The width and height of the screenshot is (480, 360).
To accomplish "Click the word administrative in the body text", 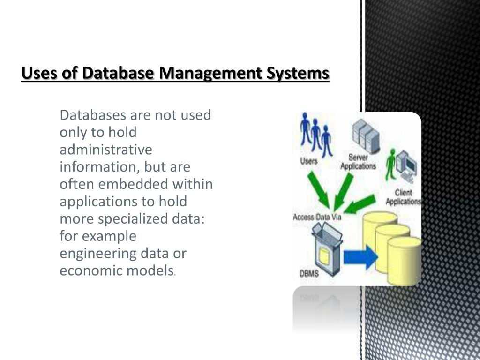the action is pyautogui.click(x=106, y=150).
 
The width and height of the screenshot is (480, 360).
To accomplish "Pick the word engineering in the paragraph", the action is pyautogui.click(x=97, y=254).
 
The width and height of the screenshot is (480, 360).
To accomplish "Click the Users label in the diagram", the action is pyautogui.click(x=308, y=161).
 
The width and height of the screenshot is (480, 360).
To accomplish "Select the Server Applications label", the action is pyautogui.click(x=358, y=162).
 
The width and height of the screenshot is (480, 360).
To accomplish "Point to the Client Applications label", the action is pyautogui.click(x=403, y=197).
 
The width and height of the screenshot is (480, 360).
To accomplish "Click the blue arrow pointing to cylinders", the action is pyautogui.click(x=361, y=257).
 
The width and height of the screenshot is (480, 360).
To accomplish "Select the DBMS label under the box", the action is pyautogui.click(x=309, y=274).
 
